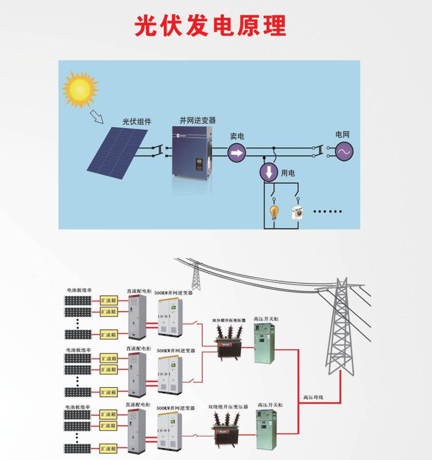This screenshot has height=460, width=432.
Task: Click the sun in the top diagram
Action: pos(80,89)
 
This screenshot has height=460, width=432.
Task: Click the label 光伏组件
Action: pos(136,121)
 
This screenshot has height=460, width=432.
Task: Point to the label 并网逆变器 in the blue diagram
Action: pos(198,120)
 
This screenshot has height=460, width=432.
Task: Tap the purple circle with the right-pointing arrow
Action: pos(237,152)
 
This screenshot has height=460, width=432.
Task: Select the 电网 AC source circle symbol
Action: pos(344,151)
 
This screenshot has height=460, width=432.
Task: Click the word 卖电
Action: pos(237,136)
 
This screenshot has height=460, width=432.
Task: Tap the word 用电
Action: pos(288,172)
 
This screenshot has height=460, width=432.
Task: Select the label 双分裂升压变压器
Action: pos(229,320)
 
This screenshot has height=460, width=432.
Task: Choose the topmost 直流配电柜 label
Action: pos(139,291)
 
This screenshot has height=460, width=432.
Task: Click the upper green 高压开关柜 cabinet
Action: pos(264,342)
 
